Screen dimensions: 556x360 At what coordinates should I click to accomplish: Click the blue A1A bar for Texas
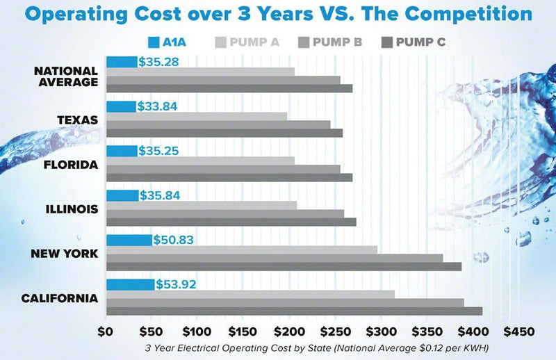pyautogui.click(x=121, y=107)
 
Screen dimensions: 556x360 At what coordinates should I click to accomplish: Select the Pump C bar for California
pyautogui.click(x=295, y=311)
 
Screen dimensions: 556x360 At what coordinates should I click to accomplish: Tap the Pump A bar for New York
pyautogui.click(x=242, y=250)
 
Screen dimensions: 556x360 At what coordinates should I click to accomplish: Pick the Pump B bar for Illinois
pyautogui.click(x=225, y=213)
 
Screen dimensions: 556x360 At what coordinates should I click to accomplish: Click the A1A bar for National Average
pyautogui.click(x=122, y=62)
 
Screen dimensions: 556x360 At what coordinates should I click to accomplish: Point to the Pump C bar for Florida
pyautogui.click(x=229, y=178)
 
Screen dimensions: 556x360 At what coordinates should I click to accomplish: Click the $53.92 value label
pyautogui.click(x=176, y=284)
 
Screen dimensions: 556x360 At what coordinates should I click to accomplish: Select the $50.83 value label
pyautogui.click(x=173, y=240)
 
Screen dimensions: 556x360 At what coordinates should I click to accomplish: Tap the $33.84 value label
pyautogui.click(x=157, y=106)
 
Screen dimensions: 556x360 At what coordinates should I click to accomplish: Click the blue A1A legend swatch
pyautogui.click(x=154, y=42)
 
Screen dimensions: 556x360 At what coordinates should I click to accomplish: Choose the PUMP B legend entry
pyautogui.click(x=330, y=42)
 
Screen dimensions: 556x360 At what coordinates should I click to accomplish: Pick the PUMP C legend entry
pyautogui.click(x=414, y=42)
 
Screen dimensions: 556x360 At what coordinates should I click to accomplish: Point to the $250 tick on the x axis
pyautogui.click(x=335, y=332)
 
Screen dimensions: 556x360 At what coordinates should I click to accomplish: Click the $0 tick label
pyautogui.click(x=106, y=332)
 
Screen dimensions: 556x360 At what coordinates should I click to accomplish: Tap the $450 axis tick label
pyautogui.click(x=518, y=332)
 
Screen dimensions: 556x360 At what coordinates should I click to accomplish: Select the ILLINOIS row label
pyautogui.click(x=72, y=209)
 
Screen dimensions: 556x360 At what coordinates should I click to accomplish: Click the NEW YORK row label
pyautogui.click(x=64, y=254)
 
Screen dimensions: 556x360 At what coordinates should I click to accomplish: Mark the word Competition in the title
pyautogui.click(x=468, y=15)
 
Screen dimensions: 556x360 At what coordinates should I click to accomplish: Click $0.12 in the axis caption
pyautogui.click(x=430, y=348)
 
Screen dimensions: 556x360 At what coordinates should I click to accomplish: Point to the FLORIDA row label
pyautogui.click(x=71, y=165)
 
